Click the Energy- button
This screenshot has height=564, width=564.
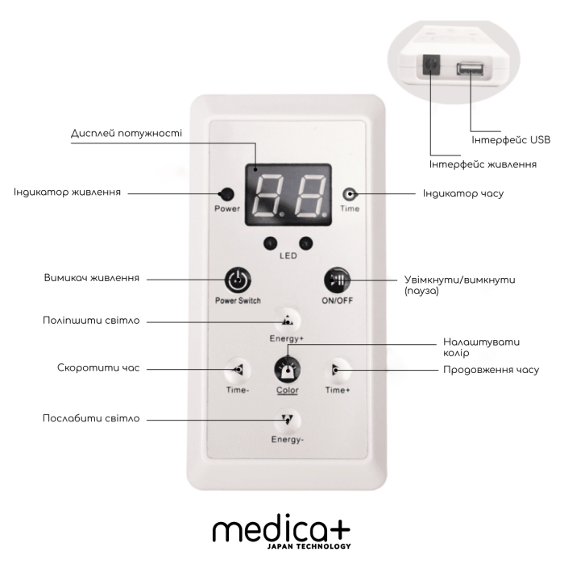pos(288,419)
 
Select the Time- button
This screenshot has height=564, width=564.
pos(237,369)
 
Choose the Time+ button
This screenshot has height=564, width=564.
pos(337,369)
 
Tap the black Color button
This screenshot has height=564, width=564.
pos(287,369)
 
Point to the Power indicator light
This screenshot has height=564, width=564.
pos(227,194)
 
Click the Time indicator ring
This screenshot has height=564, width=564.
pos(350,194)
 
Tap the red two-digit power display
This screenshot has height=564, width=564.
pos(288,195)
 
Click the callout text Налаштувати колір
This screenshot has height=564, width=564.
pos(475,346)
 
